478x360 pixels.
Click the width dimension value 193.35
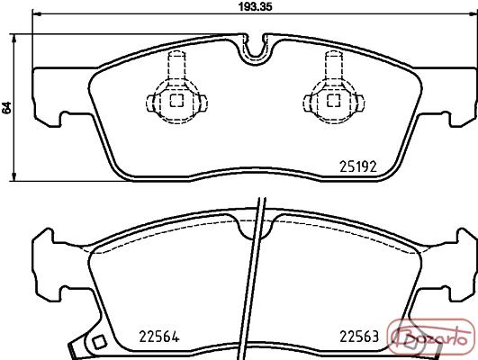tap(255, 6)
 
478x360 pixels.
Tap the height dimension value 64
tap(7, 107)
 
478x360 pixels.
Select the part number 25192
tap(358, 166)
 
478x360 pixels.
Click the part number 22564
tap(158, 337)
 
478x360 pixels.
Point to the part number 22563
tap(359, 337)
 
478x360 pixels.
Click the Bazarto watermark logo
tap(431, 337)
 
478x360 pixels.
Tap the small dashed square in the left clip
tap(176, 101)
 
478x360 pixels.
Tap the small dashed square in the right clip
tap(333, 101)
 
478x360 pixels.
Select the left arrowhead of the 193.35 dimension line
tap(36, 13)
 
